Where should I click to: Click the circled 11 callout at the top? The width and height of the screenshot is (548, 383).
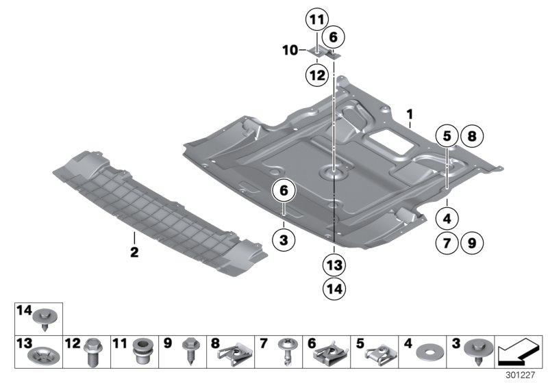point(317,20)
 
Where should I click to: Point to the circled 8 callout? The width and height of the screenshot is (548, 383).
point(471,137)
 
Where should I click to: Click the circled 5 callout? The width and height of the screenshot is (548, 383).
point(447,137)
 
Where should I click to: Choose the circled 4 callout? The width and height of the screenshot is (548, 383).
point(447,220)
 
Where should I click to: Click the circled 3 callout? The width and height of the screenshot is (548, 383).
point(283,240)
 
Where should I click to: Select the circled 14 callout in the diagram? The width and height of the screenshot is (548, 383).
point(334,289)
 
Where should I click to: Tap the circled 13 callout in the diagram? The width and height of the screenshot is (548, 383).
point(334,265)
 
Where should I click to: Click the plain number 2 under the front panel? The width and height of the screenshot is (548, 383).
point(134,253)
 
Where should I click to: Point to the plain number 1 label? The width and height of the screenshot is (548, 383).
point(410,112)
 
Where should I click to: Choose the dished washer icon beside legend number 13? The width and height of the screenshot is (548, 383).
point(41,357)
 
